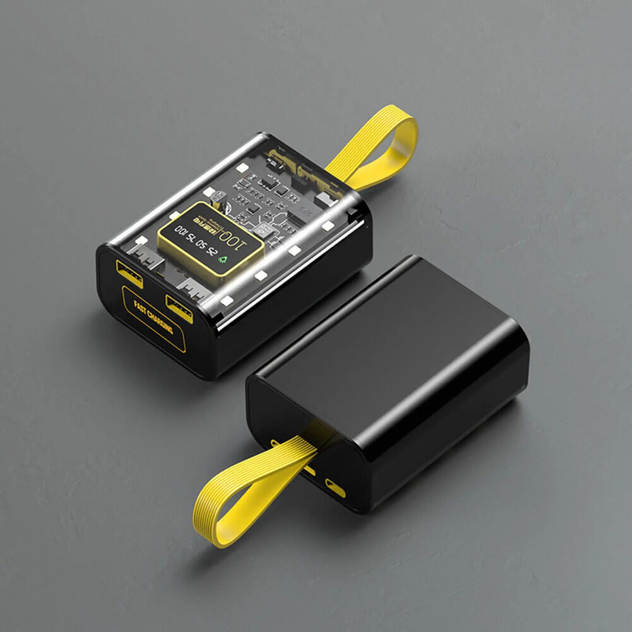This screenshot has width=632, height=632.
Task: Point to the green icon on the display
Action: [223, 260]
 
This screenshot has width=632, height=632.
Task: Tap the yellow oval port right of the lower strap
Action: [335, 488]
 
